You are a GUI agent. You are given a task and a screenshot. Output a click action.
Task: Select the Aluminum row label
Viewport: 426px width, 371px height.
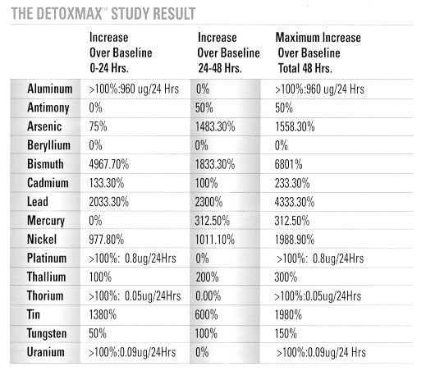click(x=50, y=89)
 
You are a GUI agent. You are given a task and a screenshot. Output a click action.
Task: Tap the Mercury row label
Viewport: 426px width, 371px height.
click(x=46, y=221)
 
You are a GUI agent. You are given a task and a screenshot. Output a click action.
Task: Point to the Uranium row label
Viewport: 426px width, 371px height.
click(x=46, y=352)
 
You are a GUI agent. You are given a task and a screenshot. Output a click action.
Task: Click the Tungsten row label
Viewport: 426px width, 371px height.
click(x=47, y=334)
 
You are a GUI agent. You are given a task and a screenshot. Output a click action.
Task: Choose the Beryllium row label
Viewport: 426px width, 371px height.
click(x=48, y=145)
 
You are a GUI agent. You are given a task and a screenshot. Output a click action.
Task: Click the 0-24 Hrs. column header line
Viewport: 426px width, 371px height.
click(x=109, y=68)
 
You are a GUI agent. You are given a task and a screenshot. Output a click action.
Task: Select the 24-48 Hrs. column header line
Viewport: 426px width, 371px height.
click(x=220, y=68)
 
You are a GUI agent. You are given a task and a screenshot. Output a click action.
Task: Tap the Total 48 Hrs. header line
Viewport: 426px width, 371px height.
click(x=305, y=68)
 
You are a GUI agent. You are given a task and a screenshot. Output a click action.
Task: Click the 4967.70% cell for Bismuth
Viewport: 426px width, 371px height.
click(x=109, y=164)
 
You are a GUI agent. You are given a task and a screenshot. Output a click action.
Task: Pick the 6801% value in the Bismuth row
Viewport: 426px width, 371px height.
click(x=289, y=164)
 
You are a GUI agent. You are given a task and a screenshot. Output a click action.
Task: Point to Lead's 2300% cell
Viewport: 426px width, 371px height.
click(x=208, y=202)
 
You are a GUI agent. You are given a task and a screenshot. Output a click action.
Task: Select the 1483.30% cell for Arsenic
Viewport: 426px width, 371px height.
click(x=215, y=126)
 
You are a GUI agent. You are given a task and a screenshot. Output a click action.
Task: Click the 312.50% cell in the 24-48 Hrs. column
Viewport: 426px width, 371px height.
click(x=213, y=221)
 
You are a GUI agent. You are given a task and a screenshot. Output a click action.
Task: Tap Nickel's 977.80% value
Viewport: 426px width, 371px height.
click(x=107, y=240)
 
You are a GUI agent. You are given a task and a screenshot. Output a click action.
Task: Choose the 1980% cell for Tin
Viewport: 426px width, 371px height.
click(x=288, y=315)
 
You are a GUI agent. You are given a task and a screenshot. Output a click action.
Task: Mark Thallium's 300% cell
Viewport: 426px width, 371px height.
click(x=286, y=277)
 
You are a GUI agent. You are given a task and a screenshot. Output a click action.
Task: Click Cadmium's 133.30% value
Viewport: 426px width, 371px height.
click(x=107, y=183)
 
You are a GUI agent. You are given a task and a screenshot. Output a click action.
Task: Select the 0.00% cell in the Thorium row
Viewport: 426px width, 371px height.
click(x=208, y=296)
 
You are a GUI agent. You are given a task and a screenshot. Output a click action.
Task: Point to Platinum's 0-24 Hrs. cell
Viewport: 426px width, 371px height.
click(x=132, y=259)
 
